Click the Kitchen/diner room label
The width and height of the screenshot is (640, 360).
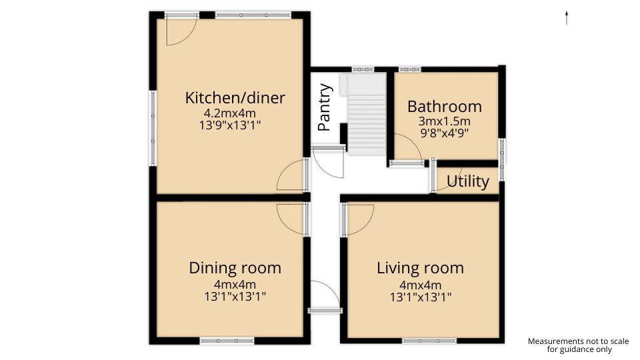point(235,98)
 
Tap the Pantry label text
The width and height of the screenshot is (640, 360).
point(325,107)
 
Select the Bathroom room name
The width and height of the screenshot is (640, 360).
point(444,107)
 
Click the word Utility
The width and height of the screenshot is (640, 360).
point(467,181)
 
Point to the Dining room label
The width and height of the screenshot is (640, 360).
point(235,268)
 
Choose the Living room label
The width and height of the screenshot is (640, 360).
point(420,268)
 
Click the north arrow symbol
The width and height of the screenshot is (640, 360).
point(566,18)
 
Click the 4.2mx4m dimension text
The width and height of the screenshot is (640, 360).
point(229,113)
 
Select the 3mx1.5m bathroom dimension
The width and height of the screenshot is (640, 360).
point(444,121)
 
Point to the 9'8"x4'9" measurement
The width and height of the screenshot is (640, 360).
point(444,132)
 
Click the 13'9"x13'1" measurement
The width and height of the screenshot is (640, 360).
point(229,125)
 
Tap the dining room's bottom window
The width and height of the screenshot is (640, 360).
point(227,341)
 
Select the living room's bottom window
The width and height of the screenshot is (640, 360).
point(430,341)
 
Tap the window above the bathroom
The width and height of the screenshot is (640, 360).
point(409,69)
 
